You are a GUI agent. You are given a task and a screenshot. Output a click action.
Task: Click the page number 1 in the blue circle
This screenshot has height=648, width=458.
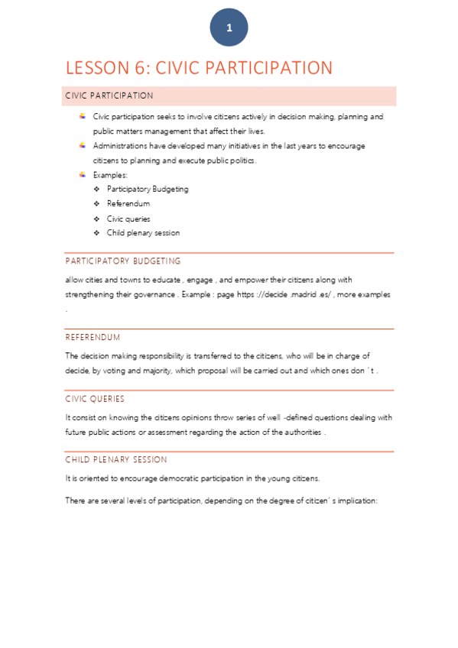(x=229, y=28)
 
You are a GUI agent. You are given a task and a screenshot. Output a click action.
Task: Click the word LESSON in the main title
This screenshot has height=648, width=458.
(x=96, y=68)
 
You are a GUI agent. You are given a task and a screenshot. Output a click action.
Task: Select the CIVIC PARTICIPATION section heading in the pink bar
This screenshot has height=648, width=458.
(x=109, y=96)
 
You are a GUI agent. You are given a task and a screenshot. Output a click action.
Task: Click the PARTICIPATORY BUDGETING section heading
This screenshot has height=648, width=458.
(x=122, y=261)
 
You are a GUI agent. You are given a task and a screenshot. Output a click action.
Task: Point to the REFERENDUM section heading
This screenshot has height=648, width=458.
(x=93, y=337)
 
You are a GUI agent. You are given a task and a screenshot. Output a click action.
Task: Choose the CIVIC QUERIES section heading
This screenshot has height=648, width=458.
(x=95, y=399)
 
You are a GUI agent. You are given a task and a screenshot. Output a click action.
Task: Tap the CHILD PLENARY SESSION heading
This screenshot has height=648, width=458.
(x=116, y=460)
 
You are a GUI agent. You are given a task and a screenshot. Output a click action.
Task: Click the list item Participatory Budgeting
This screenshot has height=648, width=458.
(x=148, y=189)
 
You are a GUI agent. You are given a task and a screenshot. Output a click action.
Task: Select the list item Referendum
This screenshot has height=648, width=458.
(x=128, y=204)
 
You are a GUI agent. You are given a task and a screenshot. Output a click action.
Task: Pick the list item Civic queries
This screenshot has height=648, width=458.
(x=128, y=219)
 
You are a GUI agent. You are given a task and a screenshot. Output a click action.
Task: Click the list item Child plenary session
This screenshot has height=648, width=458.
(x=144, y=233)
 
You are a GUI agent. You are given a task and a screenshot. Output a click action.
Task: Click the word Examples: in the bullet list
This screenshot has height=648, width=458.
(x=110, y=175)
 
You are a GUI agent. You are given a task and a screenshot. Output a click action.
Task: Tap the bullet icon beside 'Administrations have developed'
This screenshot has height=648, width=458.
(x=83, y=145)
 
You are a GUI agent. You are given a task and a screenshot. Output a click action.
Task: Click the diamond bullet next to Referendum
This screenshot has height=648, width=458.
(x=96, y=204)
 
